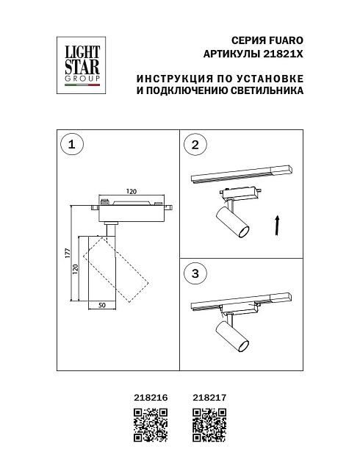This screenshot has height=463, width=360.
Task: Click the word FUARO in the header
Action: point(286,42)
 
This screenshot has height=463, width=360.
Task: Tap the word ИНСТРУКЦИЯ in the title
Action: point(173,79)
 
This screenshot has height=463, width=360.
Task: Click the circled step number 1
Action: point(71,145)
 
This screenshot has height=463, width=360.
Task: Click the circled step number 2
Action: point(195,145)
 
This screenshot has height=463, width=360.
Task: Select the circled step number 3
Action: point(195,273)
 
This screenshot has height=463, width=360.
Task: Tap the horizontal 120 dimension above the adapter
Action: point(132,192)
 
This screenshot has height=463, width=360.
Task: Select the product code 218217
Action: point(207,396)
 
